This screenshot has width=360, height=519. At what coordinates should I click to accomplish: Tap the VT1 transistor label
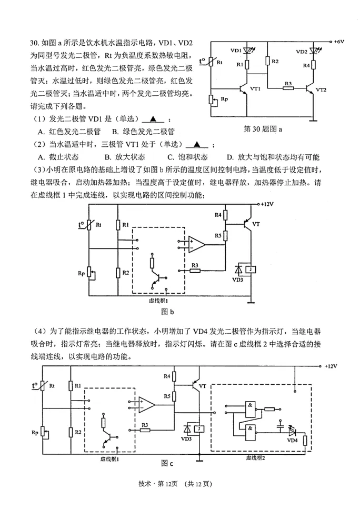tap(256, 89)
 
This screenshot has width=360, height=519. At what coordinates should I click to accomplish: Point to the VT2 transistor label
tap(322, 89)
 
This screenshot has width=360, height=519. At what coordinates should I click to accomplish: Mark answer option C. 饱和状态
tap(187, 157)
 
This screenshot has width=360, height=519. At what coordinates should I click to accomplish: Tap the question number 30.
tap(35, 43)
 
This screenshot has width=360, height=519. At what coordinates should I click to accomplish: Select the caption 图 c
tap(167, 463)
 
